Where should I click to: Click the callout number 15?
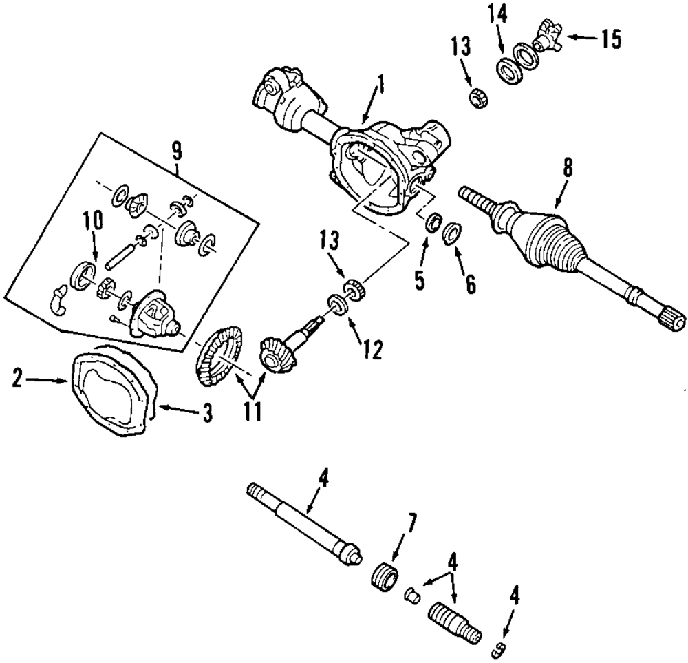611,39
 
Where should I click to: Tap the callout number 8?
568,168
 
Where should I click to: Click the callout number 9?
176,152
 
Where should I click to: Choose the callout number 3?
207,412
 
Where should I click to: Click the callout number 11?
252,412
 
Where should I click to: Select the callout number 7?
410,522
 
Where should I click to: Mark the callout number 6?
470,285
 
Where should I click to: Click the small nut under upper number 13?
475,96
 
